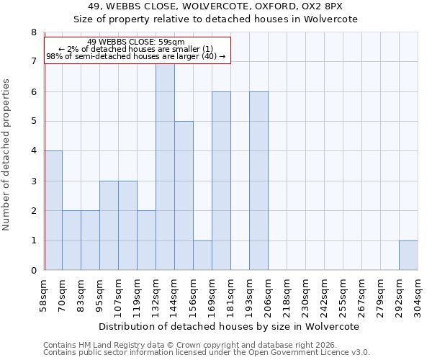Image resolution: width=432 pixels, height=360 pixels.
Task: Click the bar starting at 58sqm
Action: point(53,210)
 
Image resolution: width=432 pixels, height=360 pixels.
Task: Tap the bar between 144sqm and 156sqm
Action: point(184,196)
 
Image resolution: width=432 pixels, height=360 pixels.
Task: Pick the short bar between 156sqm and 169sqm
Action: point(202,256)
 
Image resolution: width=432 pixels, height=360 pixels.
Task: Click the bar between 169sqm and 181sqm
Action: point(221,181)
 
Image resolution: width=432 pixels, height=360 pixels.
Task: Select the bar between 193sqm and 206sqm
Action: point(258,181)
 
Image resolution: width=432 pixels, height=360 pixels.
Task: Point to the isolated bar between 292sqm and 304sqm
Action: point(408,256)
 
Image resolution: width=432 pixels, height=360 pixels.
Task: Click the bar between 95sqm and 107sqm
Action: point(109,225)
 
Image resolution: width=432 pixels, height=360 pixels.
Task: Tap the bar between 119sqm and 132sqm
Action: point(146,240)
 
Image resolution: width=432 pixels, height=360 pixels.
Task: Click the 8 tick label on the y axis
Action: point(33,32)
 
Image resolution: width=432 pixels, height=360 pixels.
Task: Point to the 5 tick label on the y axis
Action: point(33,122)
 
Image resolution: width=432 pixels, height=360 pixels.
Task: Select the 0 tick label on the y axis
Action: point(33,271)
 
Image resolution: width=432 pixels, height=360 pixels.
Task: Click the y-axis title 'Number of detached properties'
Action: point(7,155)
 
